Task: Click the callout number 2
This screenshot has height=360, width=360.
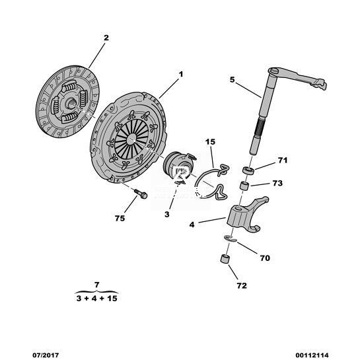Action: click(x=106, y=38)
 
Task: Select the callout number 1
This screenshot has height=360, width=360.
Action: click(x=181, y=75)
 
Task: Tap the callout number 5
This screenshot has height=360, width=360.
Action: click(x=233, y=80)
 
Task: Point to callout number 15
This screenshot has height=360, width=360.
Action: click(x=210, y=142)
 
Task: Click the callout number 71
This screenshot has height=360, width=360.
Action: click(x=283, y=161)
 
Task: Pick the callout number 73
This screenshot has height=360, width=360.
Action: click(x=277, y=183)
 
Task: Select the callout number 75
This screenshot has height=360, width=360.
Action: click(x=120, y=219)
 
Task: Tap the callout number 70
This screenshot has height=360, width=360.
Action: click(x=265, y=258)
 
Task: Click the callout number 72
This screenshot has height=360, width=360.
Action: click(x=242, y=285)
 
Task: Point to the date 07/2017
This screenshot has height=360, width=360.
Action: click(x=46, y=355)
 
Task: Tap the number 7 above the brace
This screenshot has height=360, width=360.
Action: click(x=96, y=285)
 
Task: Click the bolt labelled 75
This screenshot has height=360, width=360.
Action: click(x=140, y=194)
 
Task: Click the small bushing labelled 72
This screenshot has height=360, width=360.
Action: click(x=225, y=259)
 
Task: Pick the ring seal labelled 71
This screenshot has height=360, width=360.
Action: click(x=248, y=171)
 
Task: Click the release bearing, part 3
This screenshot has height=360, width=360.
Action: click(x=178, y=166)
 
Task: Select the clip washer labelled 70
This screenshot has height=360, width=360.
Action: click(x=231, y=238)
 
